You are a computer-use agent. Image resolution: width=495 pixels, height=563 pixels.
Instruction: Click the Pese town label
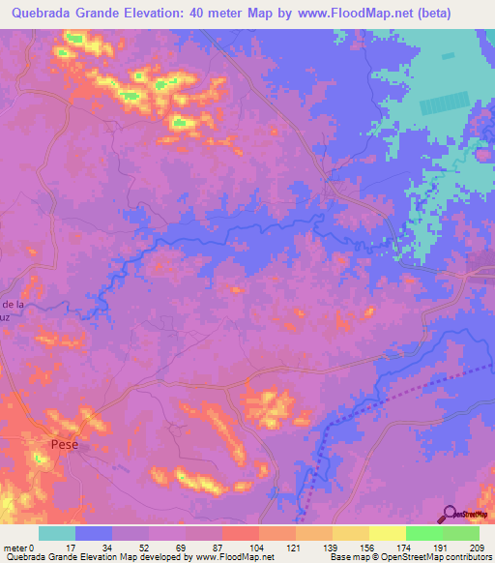click(64, 444)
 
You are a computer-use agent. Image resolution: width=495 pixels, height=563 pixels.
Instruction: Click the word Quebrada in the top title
click(38, 14)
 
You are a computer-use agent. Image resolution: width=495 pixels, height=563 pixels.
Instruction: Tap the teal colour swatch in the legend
click(57, 533)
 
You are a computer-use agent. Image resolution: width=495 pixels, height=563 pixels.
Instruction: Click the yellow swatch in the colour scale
click(387, 533)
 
